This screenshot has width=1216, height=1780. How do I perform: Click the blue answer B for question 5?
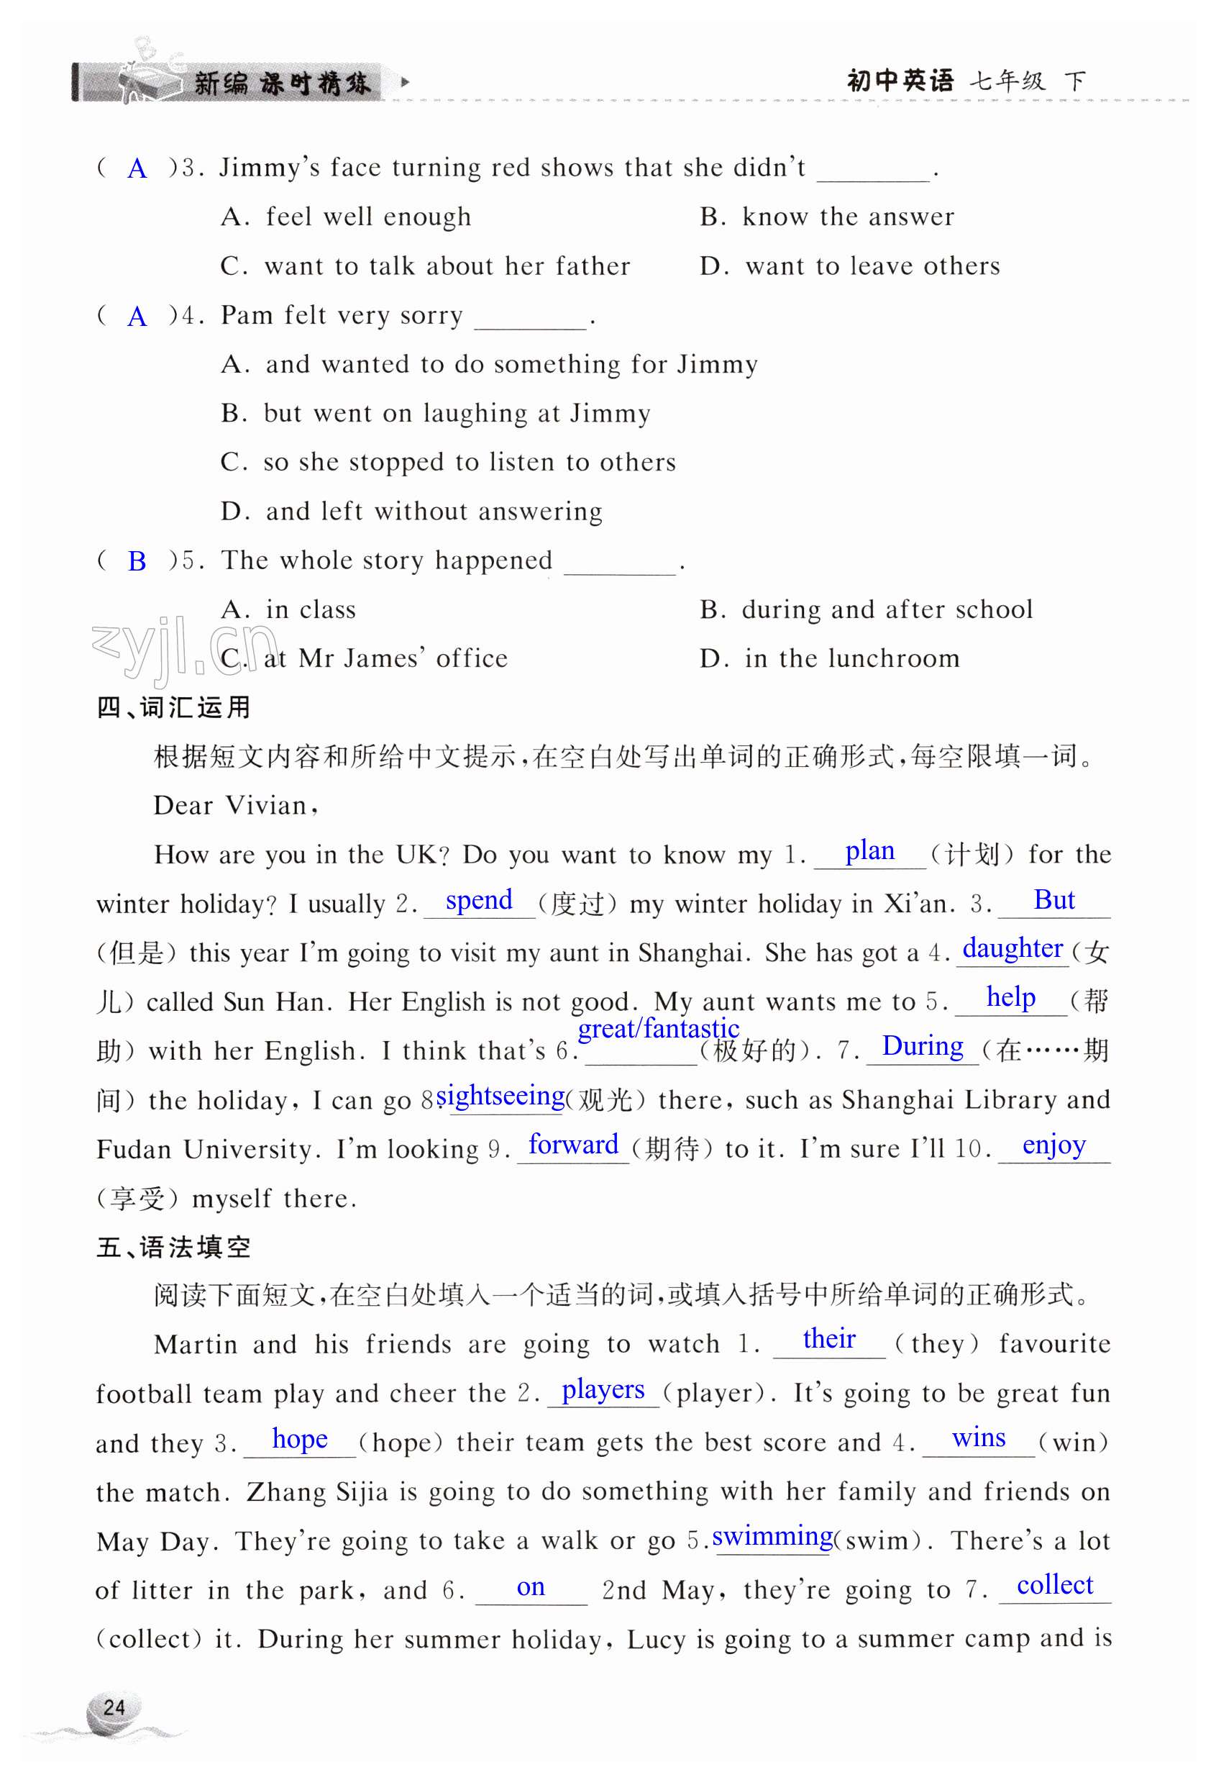tap(137, 561)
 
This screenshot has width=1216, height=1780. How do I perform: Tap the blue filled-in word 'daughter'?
tap(1012, 949)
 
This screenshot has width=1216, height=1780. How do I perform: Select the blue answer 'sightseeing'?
tap(500, 1096)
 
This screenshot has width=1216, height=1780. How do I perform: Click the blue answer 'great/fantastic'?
tap(659, 1029)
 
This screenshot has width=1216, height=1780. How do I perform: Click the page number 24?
tap(114, 1707)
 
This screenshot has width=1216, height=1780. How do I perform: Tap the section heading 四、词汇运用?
tap(174, 707)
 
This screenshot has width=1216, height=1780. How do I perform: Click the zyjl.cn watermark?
tap(184, 648)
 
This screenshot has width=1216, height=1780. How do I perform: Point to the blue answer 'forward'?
tap(574, 1145)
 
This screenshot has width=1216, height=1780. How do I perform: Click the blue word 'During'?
tap(922, 1046)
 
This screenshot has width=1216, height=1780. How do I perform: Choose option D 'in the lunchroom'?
tap(829, 659)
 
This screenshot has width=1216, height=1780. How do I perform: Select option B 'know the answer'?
tap(827, 217)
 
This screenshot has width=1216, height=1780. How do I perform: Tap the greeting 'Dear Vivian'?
tap(235, 806)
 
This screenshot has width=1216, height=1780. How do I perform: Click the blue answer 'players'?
tap(603, 1389)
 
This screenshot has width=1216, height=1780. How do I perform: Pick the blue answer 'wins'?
tap(979, 1438)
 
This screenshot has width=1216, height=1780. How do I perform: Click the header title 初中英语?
tap(900, 81)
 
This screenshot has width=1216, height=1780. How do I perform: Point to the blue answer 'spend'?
tap(479, 900)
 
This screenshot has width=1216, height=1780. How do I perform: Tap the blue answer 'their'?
tap(828, 1340)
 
